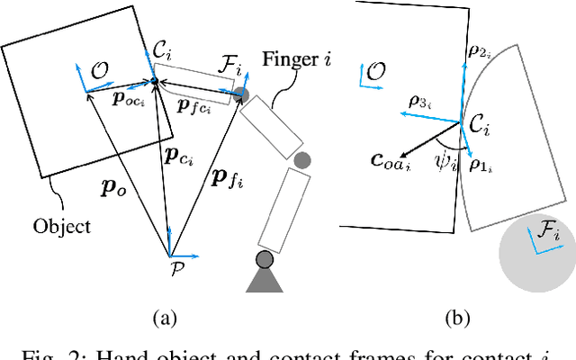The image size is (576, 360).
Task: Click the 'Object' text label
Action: [x=62, y=225]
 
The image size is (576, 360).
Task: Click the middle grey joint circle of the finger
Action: [x=303, y=161]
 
